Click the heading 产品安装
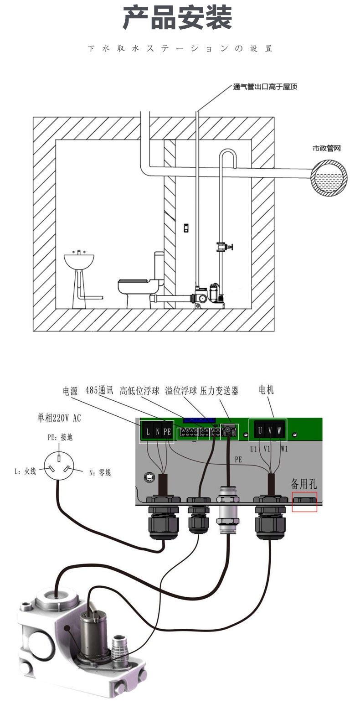point(178,19)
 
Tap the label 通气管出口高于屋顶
point(265,87)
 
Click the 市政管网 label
point(327,148)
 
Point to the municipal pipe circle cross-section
point(329,178)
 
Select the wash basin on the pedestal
point(80,262)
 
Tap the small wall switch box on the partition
point(186,228)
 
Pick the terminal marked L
point(148,431)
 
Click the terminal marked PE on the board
point(167,431)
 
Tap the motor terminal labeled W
point(279,430)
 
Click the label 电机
point(266,390)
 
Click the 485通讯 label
point(99,391)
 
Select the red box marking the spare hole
point(304,502)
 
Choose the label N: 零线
point(100,473)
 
